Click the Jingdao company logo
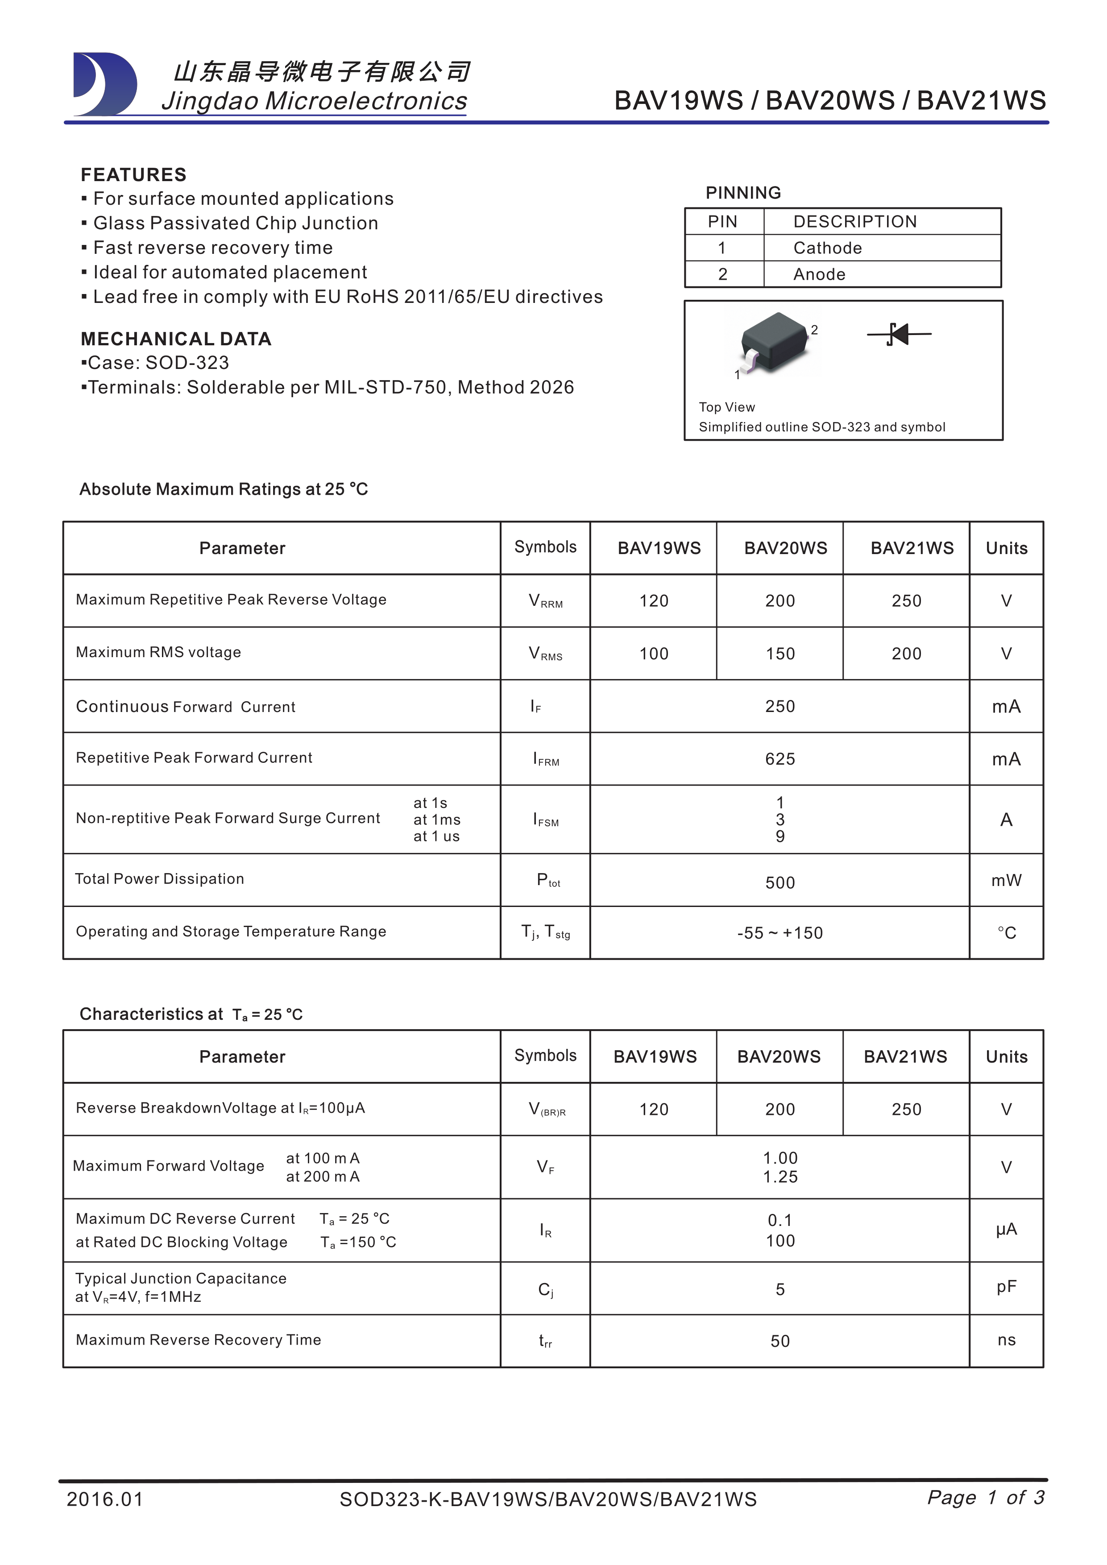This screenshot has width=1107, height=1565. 104,84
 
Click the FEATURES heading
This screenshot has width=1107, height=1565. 133,175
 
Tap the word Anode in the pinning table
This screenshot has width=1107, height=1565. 819,275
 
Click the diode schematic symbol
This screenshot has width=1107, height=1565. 899,335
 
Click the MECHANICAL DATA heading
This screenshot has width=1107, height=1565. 176,339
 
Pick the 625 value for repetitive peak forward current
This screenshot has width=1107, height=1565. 780,759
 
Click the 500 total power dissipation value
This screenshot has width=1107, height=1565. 780,883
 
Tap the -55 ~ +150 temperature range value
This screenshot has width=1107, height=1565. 780,933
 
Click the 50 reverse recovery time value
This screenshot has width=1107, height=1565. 780,1341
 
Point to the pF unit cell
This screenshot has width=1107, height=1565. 1006,1287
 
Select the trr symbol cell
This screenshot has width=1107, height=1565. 545,1341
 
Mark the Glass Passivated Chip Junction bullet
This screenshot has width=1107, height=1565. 235,224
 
